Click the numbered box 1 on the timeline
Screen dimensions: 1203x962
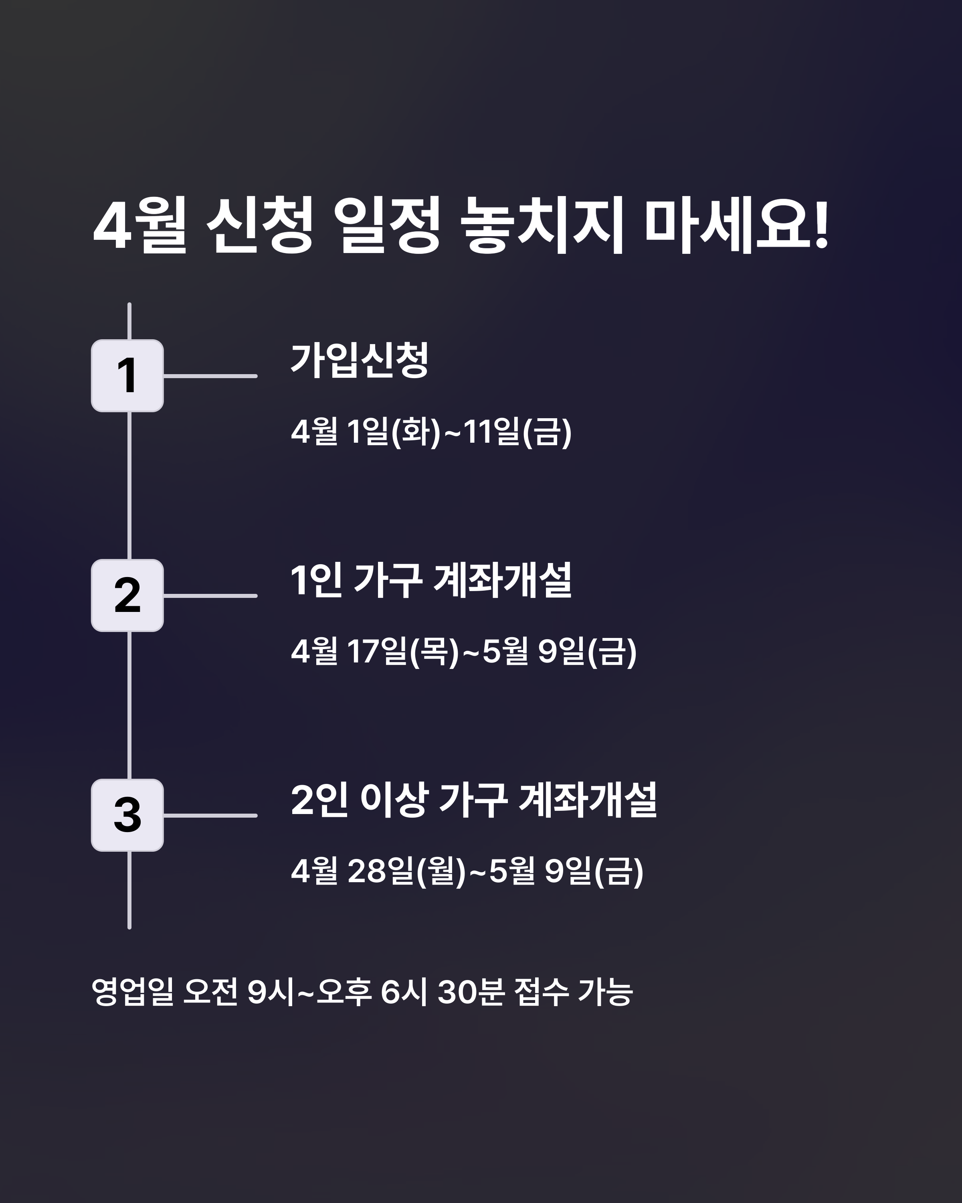tap(127, 375)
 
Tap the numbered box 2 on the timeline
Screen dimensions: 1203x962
tap(127, 595)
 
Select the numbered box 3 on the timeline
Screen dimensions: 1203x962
tap(127, 815)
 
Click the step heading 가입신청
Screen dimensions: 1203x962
tap(360, 360)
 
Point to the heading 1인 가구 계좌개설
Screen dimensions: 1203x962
tap(431, 580)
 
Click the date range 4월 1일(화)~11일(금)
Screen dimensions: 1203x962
tap(431, 431)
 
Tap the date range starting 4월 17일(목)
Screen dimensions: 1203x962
tap(463, 651)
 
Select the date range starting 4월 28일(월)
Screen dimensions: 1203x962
tap(467, 871)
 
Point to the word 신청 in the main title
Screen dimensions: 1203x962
tap(260, 226)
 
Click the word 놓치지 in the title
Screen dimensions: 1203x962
tap(541, 226)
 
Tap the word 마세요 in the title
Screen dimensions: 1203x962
tap(728, 226)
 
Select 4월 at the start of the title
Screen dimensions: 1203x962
tap(139, 226)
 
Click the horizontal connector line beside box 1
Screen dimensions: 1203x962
tap(210, 376)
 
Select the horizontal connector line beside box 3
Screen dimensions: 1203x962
tap(210, 815)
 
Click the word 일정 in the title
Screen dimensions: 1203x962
tap(390, 226)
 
